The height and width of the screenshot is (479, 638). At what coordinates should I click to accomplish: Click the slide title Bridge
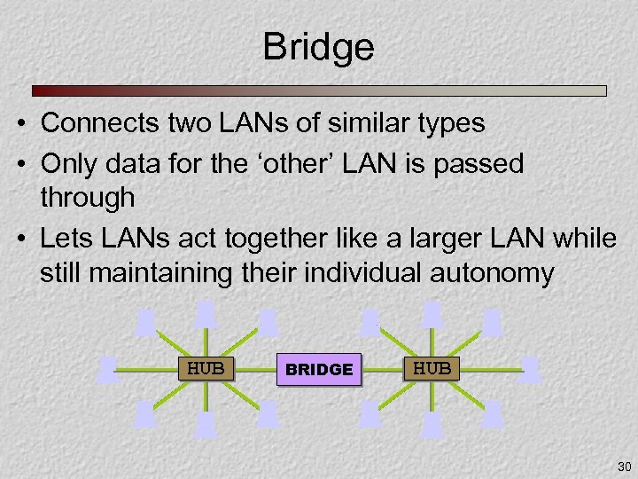pos(318,47)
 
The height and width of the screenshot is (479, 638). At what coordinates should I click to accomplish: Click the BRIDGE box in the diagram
pos(319,369)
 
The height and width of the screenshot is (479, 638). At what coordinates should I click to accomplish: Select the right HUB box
pos(432,367)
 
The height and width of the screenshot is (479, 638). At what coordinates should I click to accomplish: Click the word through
pos(87,198)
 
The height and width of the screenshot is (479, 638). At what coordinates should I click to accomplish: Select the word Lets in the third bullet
pos(65,238)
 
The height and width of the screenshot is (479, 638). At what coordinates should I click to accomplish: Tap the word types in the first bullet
pos(449,123)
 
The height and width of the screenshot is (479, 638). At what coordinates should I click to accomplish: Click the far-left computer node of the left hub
pos(109,368)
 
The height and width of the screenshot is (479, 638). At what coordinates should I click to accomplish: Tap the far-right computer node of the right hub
pos(529,368)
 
